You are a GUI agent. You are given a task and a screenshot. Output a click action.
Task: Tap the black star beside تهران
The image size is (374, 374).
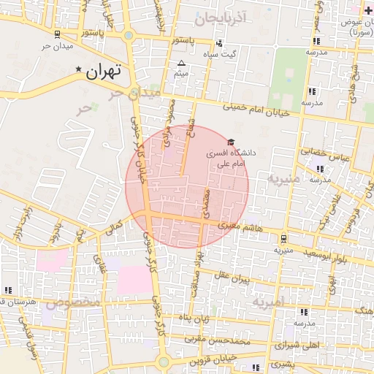(79, 69)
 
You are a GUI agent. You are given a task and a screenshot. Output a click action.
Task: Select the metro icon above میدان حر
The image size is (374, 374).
(58, 34)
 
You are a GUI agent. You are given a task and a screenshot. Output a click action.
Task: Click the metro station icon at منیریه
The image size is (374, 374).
(283, 237)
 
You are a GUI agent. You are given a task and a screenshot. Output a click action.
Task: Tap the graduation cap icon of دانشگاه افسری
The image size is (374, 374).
(232, 142)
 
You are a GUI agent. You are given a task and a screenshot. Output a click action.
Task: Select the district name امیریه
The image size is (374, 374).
(267, 301)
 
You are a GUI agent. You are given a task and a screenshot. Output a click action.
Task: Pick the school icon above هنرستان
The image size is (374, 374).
(8, 289)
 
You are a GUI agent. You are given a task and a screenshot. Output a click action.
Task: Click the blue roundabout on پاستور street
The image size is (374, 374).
(129, 34)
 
